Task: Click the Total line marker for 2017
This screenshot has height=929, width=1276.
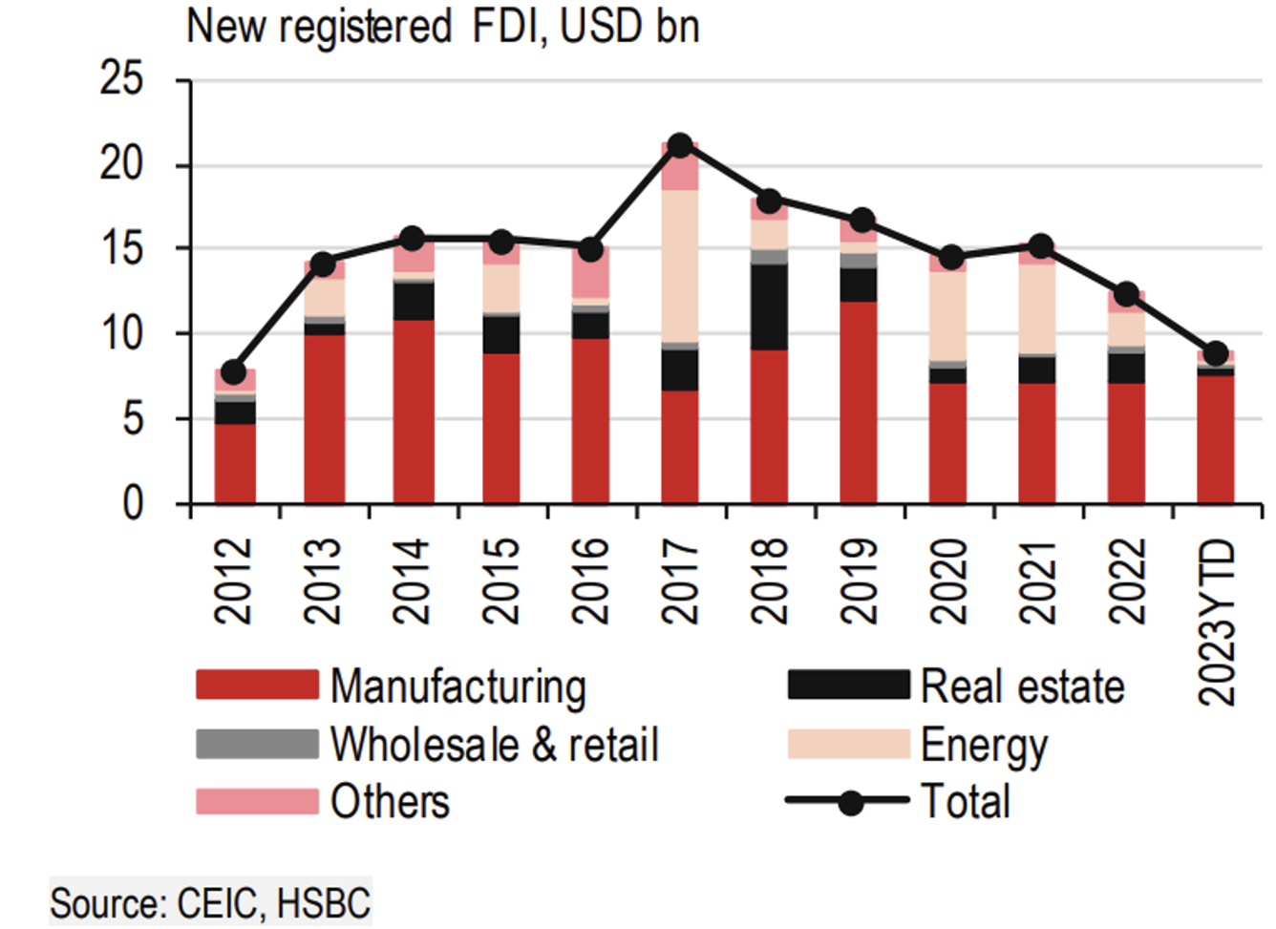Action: tap(680, 146)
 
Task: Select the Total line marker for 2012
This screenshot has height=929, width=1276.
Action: tap(233, 372)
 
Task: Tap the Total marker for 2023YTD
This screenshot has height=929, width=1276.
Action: tap(1216, 354)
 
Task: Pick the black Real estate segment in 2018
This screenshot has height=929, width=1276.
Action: tap(769, 306)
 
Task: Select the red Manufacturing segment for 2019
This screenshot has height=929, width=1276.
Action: tap(859, 402)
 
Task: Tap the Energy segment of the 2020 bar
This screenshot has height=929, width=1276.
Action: tap(947, 316)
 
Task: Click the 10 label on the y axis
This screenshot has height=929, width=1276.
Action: tap(121, 334)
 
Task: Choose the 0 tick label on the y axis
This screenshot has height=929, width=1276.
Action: tap(133, 503)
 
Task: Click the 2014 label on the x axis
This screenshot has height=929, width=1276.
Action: tap(412, 581)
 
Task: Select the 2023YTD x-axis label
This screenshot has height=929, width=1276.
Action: tap(1217, 623)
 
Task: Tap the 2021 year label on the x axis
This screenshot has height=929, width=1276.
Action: tap(1037, 581)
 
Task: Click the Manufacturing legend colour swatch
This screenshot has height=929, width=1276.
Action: tap(257, 686)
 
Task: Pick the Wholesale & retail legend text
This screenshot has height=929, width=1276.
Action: tap(494, 745)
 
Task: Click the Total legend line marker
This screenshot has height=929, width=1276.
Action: tap(849, 802)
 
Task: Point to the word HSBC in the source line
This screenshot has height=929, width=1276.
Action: tap(323, 903)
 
